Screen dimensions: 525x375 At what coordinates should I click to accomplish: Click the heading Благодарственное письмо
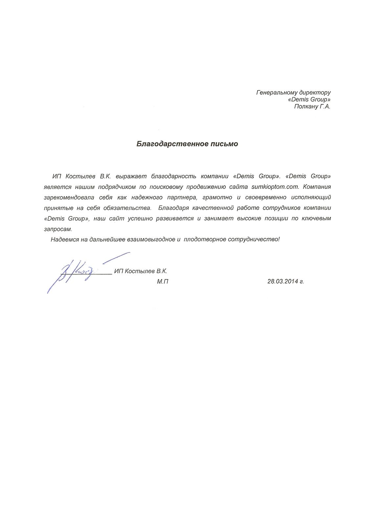point(187,144)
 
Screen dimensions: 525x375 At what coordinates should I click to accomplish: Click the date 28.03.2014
point(283,281)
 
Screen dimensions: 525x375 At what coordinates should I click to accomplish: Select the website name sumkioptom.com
point(275,187)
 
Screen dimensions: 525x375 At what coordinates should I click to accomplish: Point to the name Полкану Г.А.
point(312,106)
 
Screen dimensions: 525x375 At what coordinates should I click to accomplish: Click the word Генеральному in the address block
point(275,93)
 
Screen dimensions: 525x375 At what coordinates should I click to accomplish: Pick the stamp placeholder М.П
point(163,282)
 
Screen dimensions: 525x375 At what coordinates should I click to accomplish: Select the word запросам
point(58,229)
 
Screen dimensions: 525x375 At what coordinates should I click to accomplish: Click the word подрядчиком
point(119,187)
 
